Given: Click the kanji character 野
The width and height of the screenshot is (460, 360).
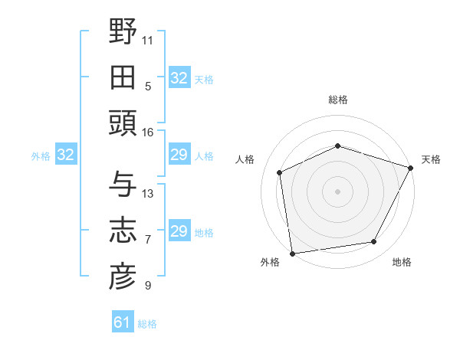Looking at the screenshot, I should point(123,32).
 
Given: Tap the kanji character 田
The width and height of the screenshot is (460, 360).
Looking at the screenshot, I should point(123,77).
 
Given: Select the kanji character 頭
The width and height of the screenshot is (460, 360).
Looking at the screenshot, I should point(123,123).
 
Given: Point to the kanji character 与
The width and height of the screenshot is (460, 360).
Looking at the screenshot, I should point(123,184).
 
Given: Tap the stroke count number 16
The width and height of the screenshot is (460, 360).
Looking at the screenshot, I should point(147,132).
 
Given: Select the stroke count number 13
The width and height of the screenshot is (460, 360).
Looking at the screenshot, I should point(148,193).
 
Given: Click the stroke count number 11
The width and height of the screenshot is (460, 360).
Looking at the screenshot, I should point(148,40).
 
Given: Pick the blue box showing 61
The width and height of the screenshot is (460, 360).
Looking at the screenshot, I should point(123,322).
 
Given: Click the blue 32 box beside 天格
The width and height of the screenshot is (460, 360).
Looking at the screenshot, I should point(179,78).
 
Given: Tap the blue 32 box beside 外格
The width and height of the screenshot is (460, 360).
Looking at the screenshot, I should point(66,155).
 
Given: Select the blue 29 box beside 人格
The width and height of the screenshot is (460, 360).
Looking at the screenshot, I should point(179,155).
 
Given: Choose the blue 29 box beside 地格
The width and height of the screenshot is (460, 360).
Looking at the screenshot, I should point(179,231).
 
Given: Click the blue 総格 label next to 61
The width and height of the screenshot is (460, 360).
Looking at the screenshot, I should point(147,324).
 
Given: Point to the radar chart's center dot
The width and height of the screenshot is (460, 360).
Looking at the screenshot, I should point(337,191).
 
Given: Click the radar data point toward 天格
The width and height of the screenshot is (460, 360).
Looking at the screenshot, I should point(411,167).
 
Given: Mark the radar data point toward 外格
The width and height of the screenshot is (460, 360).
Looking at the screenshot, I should point(292,253).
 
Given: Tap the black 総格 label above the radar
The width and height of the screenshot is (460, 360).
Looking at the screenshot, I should point(337,100).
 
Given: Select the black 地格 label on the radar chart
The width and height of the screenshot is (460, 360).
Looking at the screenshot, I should point(402,262).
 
